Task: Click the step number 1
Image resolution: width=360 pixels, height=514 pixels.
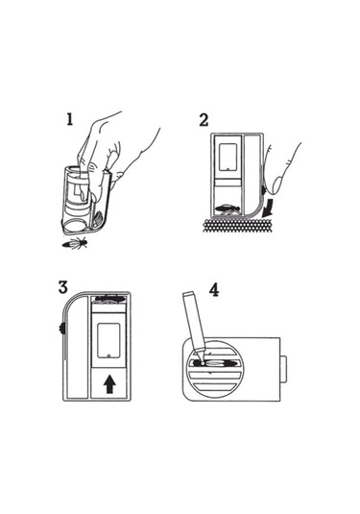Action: (x=69, y=119)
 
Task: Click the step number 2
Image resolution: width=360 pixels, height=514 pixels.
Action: (x=204, y=120)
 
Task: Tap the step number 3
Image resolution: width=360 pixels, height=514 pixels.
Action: (x=63, y=287)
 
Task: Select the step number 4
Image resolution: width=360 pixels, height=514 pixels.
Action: (x=214, y=290)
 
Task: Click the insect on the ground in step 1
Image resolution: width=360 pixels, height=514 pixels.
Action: (x=76, y=244)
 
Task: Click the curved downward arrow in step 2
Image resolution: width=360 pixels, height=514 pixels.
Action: (x=268, y=207)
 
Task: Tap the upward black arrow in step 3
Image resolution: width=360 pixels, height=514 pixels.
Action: (x=108, y=384)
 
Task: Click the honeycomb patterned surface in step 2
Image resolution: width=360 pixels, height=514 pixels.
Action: (x=238, y=226)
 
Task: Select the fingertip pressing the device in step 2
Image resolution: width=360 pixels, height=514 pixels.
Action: (x=277, y=184)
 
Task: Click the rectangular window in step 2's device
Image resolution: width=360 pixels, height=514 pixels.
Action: (x=228, y=157)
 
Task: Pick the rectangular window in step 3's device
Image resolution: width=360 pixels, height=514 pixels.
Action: (x=108, y=341)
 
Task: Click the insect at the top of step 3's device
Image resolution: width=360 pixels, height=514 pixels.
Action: (x=109, y=299)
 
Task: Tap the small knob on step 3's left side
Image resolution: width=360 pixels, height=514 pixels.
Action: (x=61, y=328)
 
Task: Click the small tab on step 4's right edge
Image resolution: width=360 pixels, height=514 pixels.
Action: (x=283, y=369)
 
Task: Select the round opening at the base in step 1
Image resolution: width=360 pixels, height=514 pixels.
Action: (x=74, y=225)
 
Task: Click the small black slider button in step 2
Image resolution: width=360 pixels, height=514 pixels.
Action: (x=264, y=190)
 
